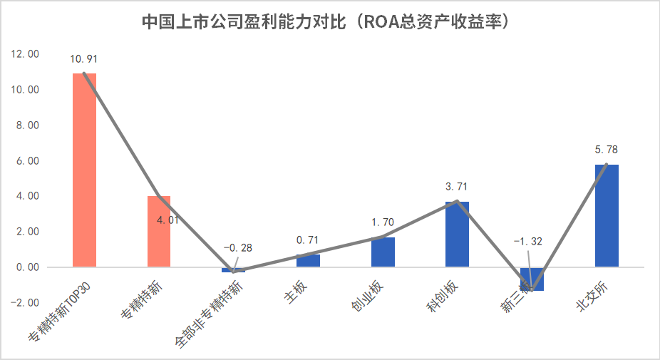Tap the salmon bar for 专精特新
[159, 231]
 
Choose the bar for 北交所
[607, 215]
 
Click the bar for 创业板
[383, 252]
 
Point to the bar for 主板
[308, 260]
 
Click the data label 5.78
[607, 150]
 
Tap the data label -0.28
[237, 248]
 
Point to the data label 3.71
[457, 187]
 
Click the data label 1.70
[383, 222]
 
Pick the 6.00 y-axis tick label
[27, 161]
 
